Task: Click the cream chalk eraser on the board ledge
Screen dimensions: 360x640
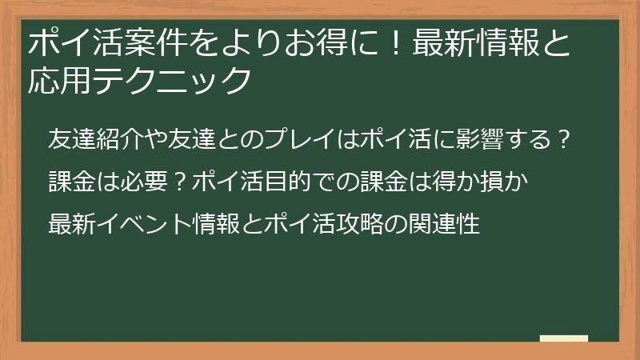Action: pyautogui.click(x=564, y=338)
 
